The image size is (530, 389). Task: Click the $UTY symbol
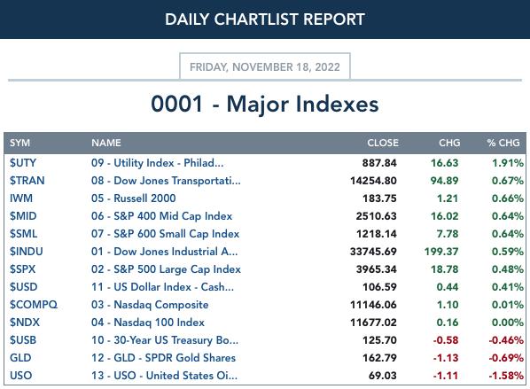click(x=23, y=163)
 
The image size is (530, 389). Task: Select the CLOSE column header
click(x=383, y=143)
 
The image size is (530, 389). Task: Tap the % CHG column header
click(x=503, y=143)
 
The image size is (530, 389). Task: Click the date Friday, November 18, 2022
click(x=265, y=67)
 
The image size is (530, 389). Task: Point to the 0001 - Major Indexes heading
click(x=265, y=104)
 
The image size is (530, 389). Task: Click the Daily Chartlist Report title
click(x=265, y=19)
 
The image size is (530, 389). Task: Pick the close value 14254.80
click(x=373, y=181)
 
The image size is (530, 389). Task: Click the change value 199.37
click(x=441, y=252)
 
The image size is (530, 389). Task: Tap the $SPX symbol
click(x=23, y=269)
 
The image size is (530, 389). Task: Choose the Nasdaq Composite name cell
click(x=150, y=305)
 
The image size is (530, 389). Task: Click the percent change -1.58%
click(x=506, y=376)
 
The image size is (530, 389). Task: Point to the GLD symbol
click(x=20, y=358)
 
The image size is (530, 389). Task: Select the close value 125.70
click(x=379, y=340)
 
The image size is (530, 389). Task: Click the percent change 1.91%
click(x=507, y=163)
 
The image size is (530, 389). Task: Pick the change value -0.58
click(x=446, y=340)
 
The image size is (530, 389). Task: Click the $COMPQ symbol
click(x=34, y=305)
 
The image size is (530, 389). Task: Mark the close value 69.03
click(x=382, y=376)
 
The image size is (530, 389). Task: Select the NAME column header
click(x=106, y=143)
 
